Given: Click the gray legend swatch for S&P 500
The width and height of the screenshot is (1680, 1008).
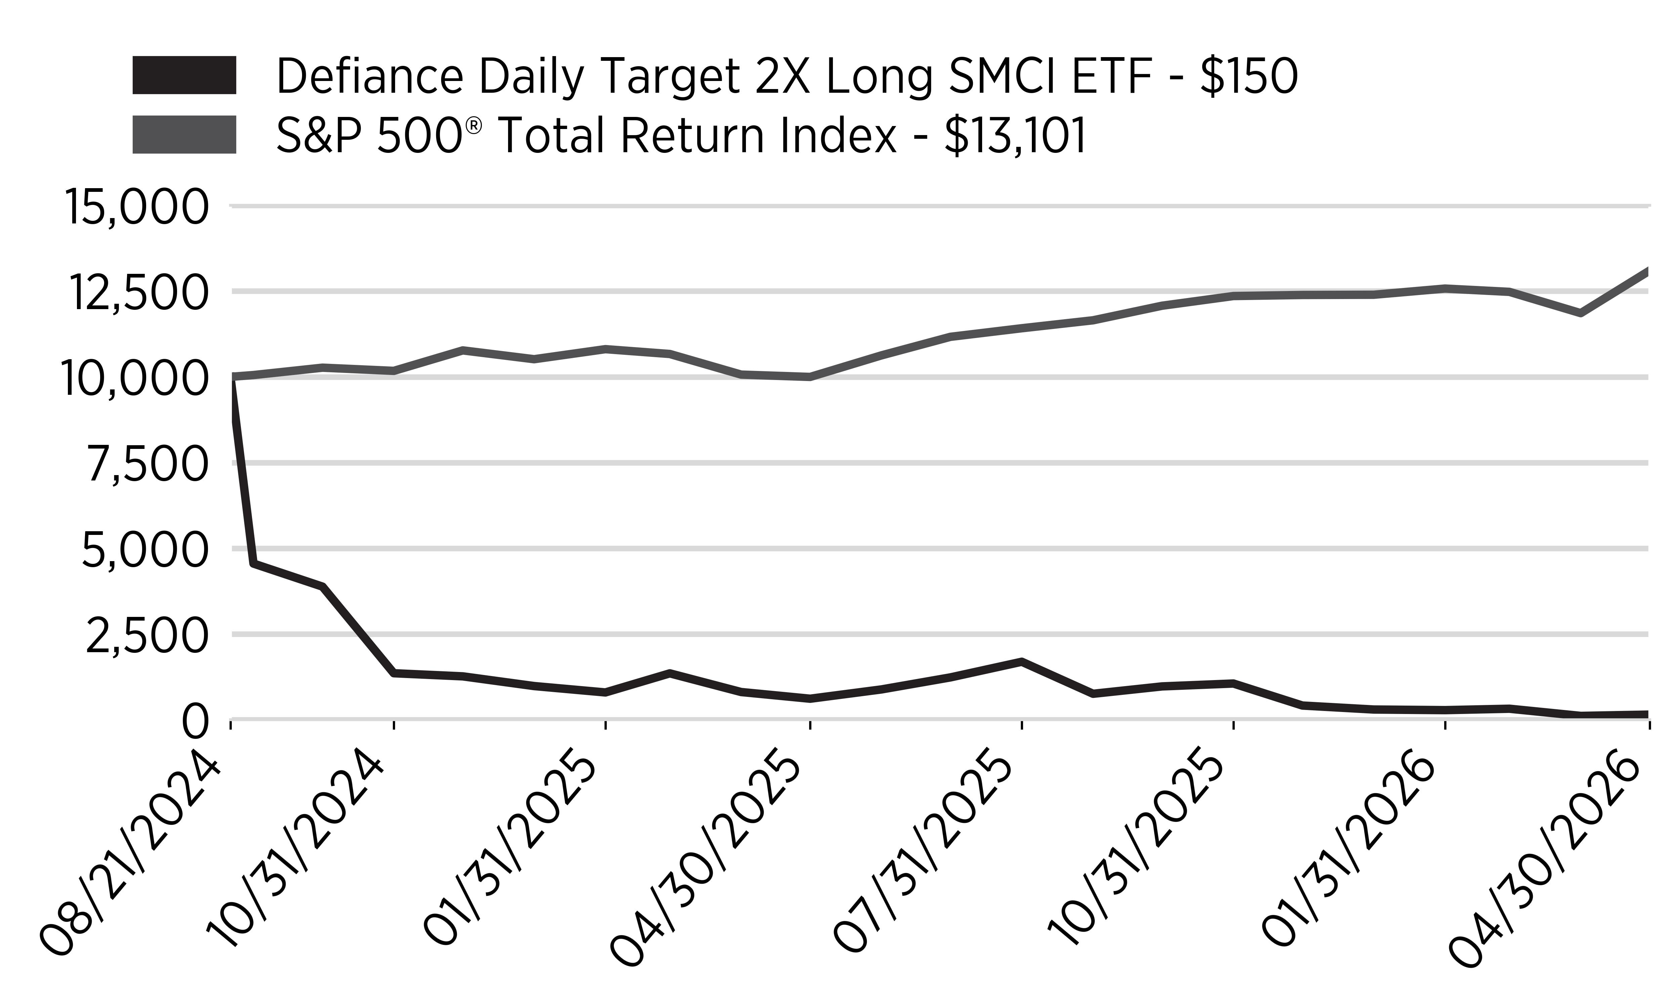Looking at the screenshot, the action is [184, 134].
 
